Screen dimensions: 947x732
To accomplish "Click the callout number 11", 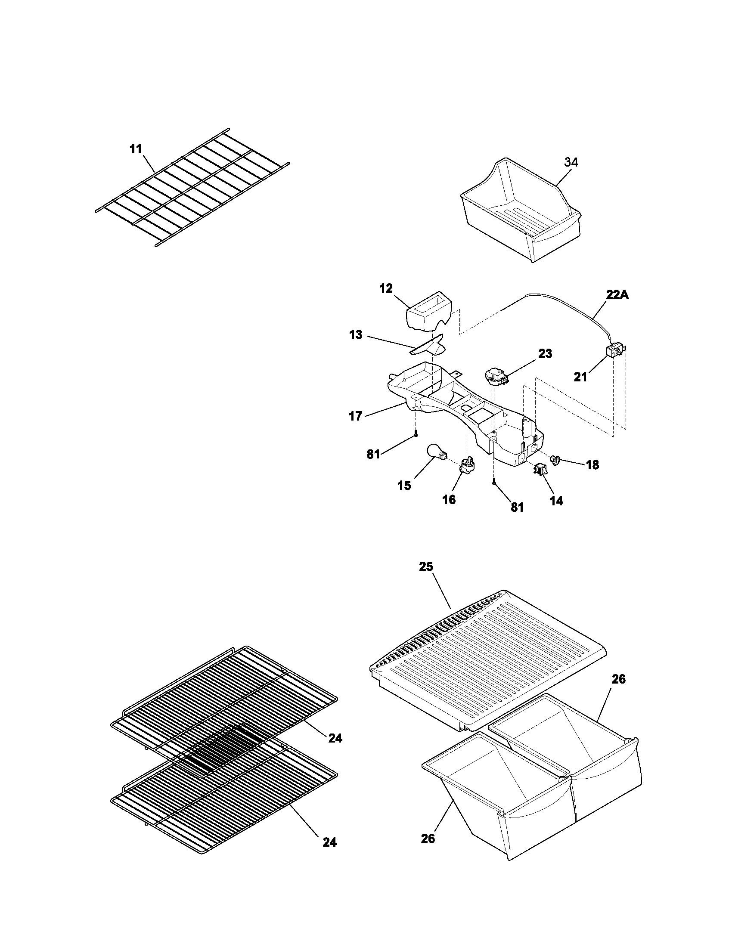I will coord(136,149).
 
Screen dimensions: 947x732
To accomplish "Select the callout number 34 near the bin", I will coord(571,162).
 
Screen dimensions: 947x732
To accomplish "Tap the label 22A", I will coord(617,295).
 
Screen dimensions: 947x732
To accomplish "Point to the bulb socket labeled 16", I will coord(468,465).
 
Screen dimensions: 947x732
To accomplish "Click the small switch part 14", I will coord(540,469).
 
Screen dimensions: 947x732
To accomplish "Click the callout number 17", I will coord(355,417).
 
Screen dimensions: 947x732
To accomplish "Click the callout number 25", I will coord(426,567).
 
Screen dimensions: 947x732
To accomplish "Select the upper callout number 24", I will coord(335,738).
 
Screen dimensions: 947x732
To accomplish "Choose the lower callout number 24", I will coord(329,842).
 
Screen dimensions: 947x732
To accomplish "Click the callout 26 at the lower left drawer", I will coord(428,839).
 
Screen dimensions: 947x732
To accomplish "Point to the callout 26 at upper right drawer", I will coord(618,679).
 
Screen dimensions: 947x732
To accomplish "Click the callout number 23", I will coord(545,354).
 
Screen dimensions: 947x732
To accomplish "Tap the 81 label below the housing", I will coord(517,508).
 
